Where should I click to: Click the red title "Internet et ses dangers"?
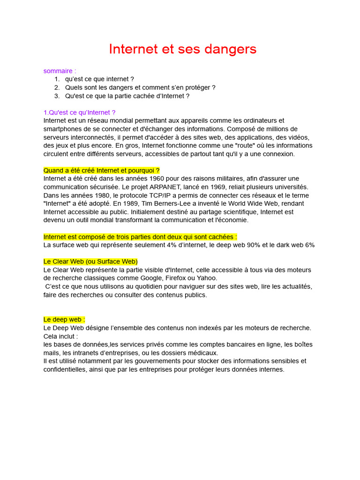click(x=182, y=49)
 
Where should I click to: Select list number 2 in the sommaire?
click(x=57, y=88)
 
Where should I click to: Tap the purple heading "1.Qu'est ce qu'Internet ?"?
click(x=79, y=112)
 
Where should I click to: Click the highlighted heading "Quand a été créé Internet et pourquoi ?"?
click(x=102, y=170)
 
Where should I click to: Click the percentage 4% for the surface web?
click(x=185, y=245)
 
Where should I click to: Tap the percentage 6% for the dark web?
click(x=310, y=245)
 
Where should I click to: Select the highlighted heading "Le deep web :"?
click(x=64, y=320)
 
